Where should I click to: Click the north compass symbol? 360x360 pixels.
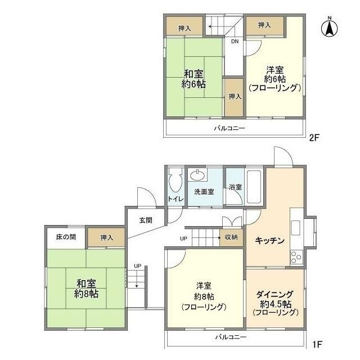[x=330, y=26]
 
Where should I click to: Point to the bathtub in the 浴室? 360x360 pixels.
[x=253, y=187]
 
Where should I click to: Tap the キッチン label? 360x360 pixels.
[x=269, y=240]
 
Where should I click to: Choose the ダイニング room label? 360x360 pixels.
[x=275, y=303]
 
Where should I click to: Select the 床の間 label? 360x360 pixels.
[x=65, y=237]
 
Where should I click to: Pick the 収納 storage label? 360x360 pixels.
[x=231, y=237]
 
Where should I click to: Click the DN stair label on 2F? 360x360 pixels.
[x=235, y=41]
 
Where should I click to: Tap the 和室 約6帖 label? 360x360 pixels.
[x=193, y=78]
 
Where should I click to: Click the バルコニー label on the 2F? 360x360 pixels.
[x=229, y=128]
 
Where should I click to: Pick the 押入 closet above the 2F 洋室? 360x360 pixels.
[x=265, y=25]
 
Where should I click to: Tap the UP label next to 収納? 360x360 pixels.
[x=183, y=238]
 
